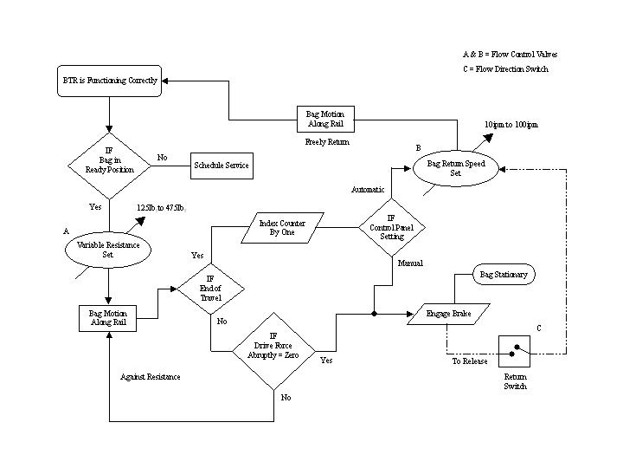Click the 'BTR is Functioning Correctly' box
pos(108,81)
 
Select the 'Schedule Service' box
pos(222,165)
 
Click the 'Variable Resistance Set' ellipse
pos(108,250)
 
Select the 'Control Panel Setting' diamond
pos(392,227)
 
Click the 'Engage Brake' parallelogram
pos(447,313)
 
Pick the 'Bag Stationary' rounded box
pos(503,275)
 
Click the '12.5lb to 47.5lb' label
pos(161,209)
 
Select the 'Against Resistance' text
pos(151,377)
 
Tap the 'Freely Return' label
pos(327,141)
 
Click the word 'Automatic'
pos(368,189)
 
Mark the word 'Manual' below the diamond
pos(410,263)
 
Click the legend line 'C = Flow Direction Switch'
pos(505,69)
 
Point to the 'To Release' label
pos(470,361)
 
